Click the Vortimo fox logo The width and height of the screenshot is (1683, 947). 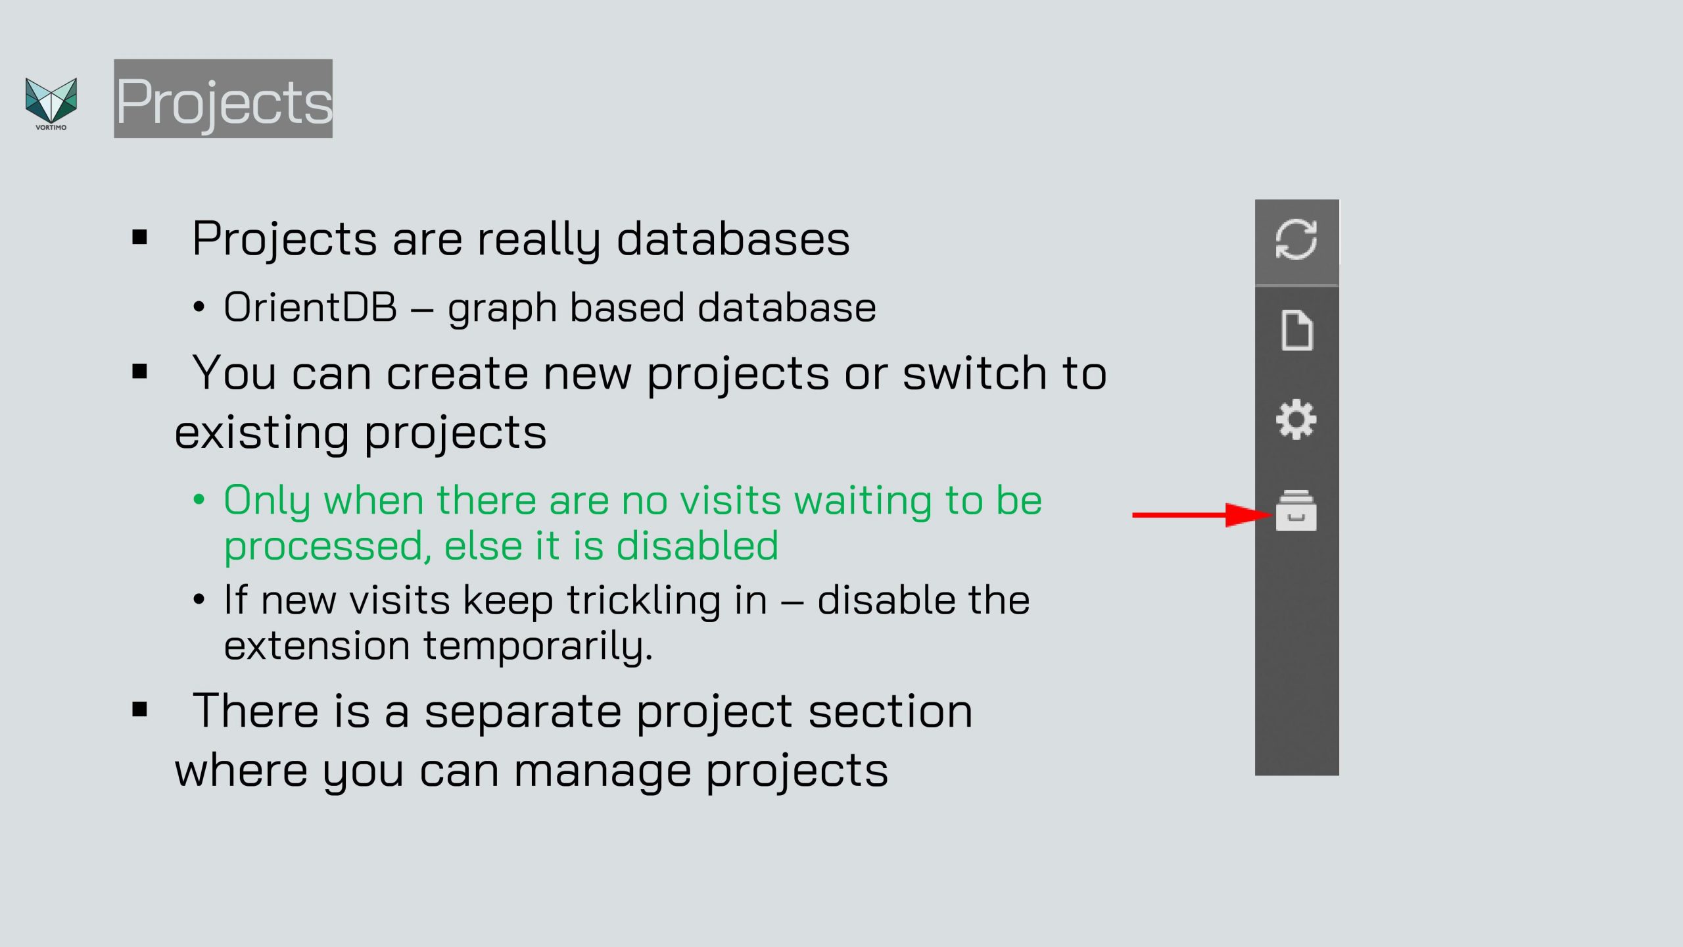click(x=51, y=103)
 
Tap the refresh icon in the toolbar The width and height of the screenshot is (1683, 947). click(x=1296, y=239)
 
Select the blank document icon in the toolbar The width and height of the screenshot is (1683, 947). click(x=1297, y=330)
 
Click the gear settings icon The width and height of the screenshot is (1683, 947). click(x=1296, y=420)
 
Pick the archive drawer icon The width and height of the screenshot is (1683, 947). click(x=1296, y=510)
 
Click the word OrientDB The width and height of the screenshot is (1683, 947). click(x=310, y=307)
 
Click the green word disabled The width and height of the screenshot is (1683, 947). click(x=697, y=545)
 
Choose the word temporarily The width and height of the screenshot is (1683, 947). click(x=538, y=646)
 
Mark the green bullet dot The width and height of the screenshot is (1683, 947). click(x=199, y=500)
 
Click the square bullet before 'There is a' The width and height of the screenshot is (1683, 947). click(x=139, y=710)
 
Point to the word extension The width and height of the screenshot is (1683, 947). click(x=317, y=646)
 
